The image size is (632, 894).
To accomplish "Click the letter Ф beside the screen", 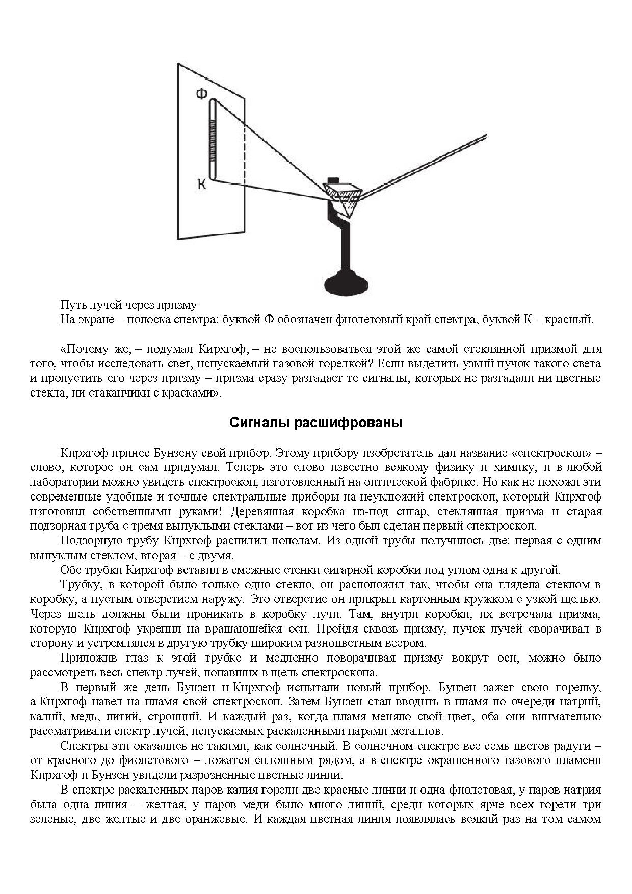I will (x=202, y=93).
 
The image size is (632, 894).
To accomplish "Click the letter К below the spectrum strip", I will (x=202, y=185).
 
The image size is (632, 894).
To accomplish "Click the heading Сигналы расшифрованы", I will (x=315, y=423).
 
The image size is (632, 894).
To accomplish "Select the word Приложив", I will (x=84, y=658).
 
